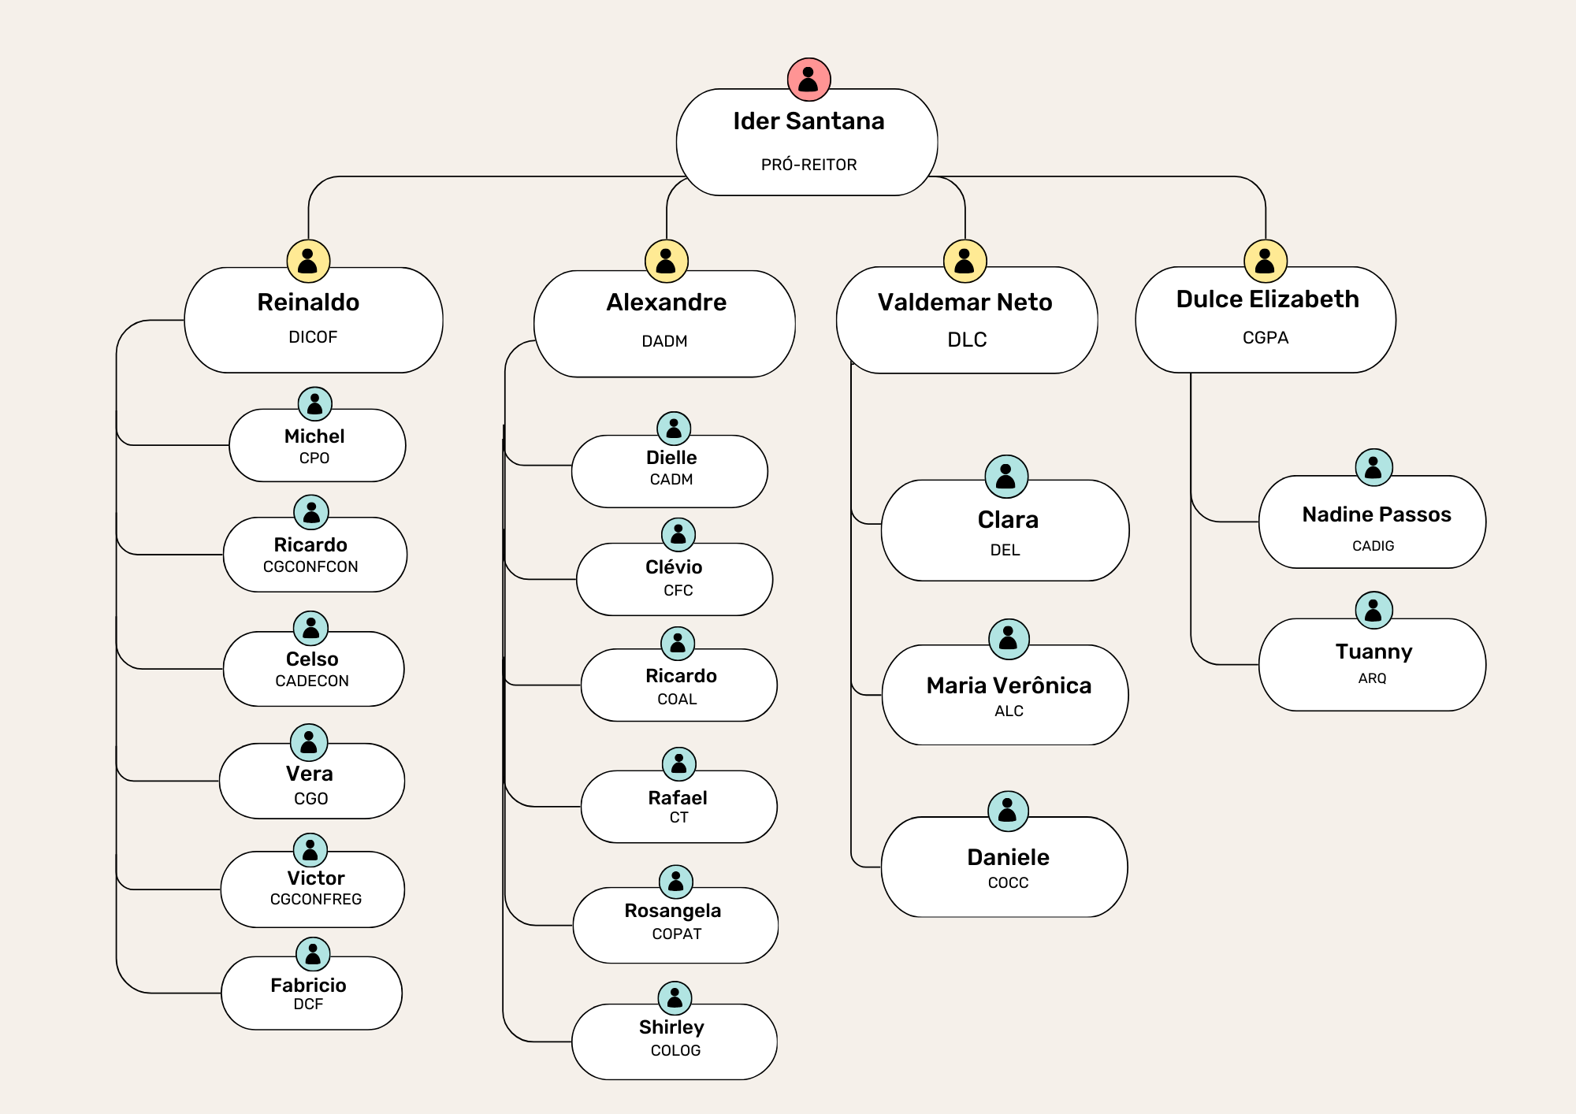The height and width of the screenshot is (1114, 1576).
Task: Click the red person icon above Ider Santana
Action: pyautogui.click(x=808, y=80)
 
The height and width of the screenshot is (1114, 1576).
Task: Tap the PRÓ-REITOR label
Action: pyautogui.click(x=808, y=165)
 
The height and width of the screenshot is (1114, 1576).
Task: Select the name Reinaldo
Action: pyautogui.click(x=308, y=303)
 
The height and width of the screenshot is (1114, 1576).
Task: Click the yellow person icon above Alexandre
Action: pyautogui.click(x=667, y=261)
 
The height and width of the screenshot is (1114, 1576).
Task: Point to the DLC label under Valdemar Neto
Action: pyautogui.click(x=967, y=340)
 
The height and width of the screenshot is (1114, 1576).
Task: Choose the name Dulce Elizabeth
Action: pyautogui.click(x=1267, y=299)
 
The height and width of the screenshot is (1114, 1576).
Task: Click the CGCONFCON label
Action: pyautogui.click(x=310, y=566)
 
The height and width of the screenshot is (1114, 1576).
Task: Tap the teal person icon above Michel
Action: pyautogui.click(x=314, y=404)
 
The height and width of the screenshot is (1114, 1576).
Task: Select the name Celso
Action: pyautogui.click(x=312, y=659)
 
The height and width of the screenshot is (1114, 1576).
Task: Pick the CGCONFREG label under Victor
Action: pyautogui.click(x=315, y=899)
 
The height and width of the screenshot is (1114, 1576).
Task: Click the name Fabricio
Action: pyautogui.click(x=308, y=986)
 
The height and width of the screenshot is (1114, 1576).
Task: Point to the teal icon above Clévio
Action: pyautogui.click(x=678, y=535)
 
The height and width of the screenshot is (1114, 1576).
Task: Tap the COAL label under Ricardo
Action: pyautogui.click(x=677, y=699)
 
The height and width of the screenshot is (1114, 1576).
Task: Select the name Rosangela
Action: pyautogui.click(x=673, y=911)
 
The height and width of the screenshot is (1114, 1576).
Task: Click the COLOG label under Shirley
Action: pyautogui.click(x=675, y=1050)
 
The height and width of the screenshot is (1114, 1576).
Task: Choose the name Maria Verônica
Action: pyautogui.click(x=1009, y=685)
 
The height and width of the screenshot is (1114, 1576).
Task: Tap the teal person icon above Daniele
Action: pyautogui.click(x=1008, y=811)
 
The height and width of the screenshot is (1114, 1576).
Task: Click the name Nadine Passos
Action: pyautogui.click(x=1377, y=514)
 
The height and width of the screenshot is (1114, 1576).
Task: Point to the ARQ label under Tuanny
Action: pyautogui.click(x=1372, y=678)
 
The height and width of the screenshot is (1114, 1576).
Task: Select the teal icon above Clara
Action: pyautogui.click(x=1006, y=477)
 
